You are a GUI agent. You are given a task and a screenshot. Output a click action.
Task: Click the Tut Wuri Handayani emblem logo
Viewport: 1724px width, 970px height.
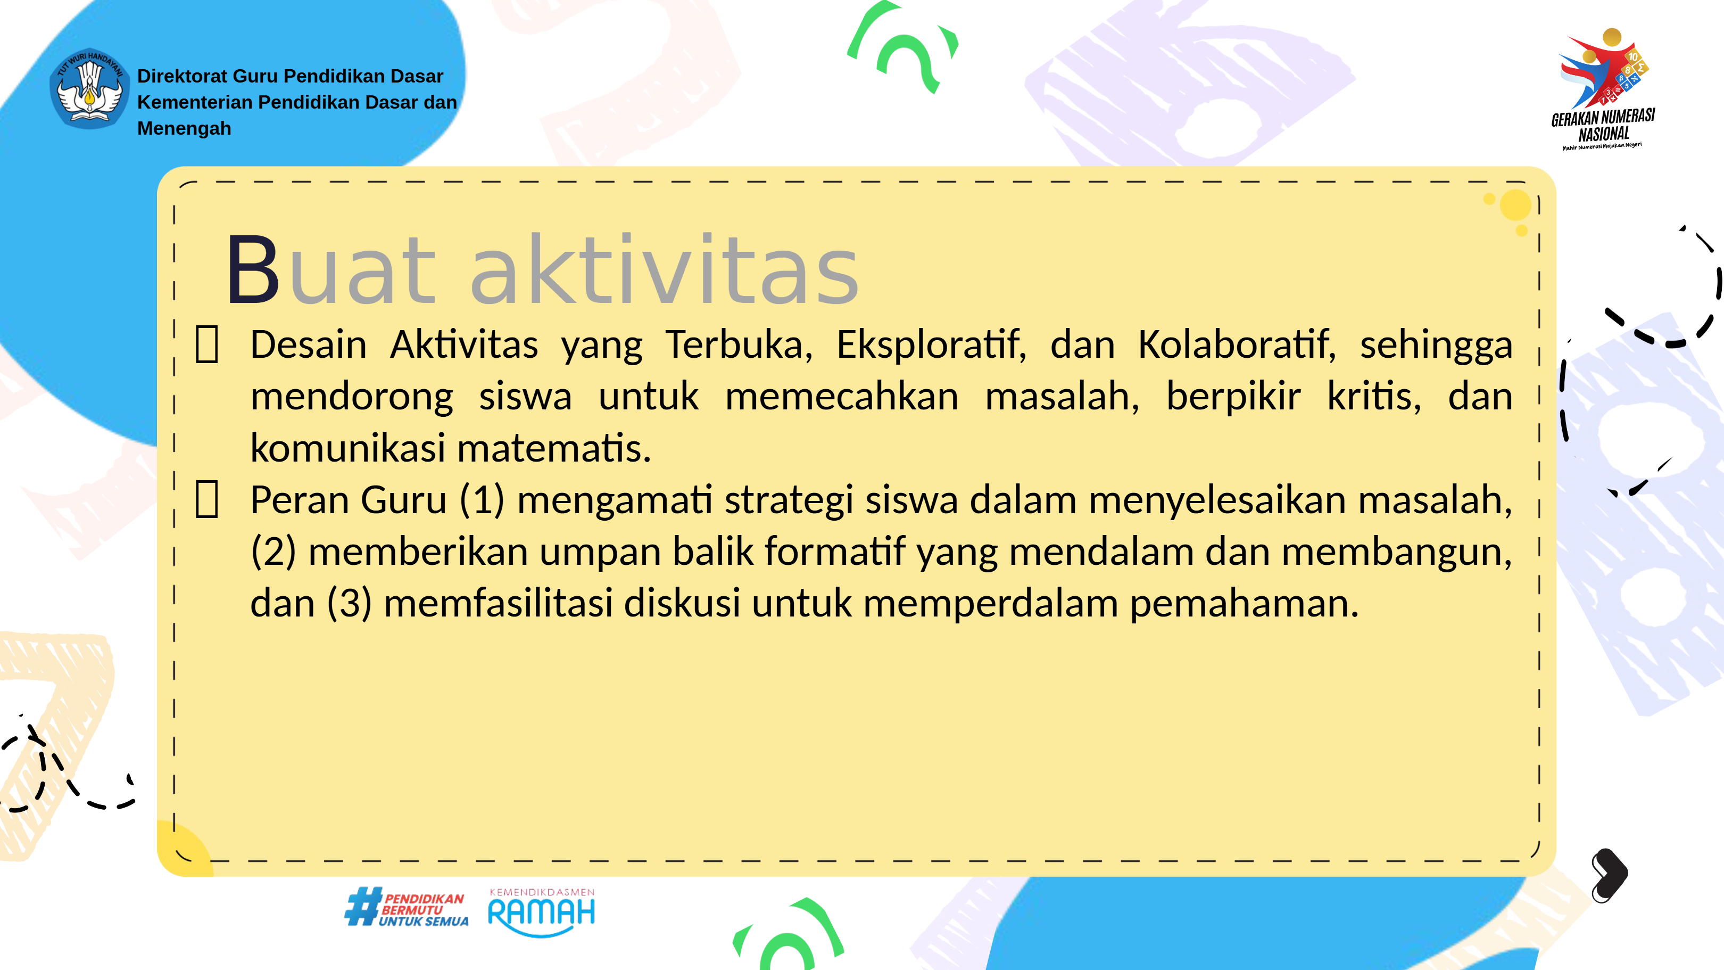[90, 88]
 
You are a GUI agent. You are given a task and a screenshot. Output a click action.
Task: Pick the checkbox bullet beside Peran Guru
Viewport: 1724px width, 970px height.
[207, 499]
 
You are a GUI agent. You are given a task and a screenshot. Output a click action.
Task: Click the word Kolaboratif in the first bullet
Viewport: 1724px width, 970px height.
[1237, 346]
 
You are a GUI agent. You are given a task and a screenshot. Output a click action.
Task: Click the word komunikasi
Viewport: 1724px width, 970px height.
[347, 448]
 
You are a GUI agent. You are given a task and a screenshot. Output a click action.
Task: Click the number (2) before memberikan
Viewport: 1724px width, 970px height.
[273, 552]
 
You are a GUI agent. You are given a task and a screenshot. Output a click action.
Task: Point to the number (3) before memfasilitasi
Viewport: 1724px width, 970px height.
[350, 603]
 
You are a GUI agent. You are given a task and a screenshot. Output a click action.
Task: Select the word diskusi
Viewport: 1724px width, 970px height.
[682, 603]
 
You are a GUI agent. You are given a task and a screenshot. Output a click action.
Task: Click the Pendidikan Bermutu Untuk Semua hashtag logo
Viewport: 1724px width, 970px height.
[406, 908]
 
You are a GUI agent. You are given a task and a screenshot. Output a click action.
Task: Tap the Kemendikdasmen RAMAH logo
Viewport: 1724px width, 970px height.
[542, 912]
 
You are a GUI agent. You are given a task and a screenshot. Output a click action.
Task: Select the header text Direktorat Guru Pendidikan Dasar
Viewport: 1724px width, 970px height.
[290, 76]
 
